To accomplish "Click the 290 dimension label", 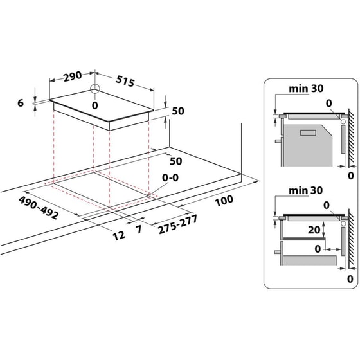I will point(73,76).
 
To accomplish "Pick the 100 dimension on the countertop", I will point(224,201).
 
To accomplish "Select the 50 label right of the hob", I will point(178,111).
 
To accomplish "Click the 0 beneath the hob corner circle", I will point(94,105).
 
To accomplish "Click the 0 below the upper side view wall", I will point(350,175).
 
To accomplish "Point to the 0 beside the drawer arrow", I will point(317,247).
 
